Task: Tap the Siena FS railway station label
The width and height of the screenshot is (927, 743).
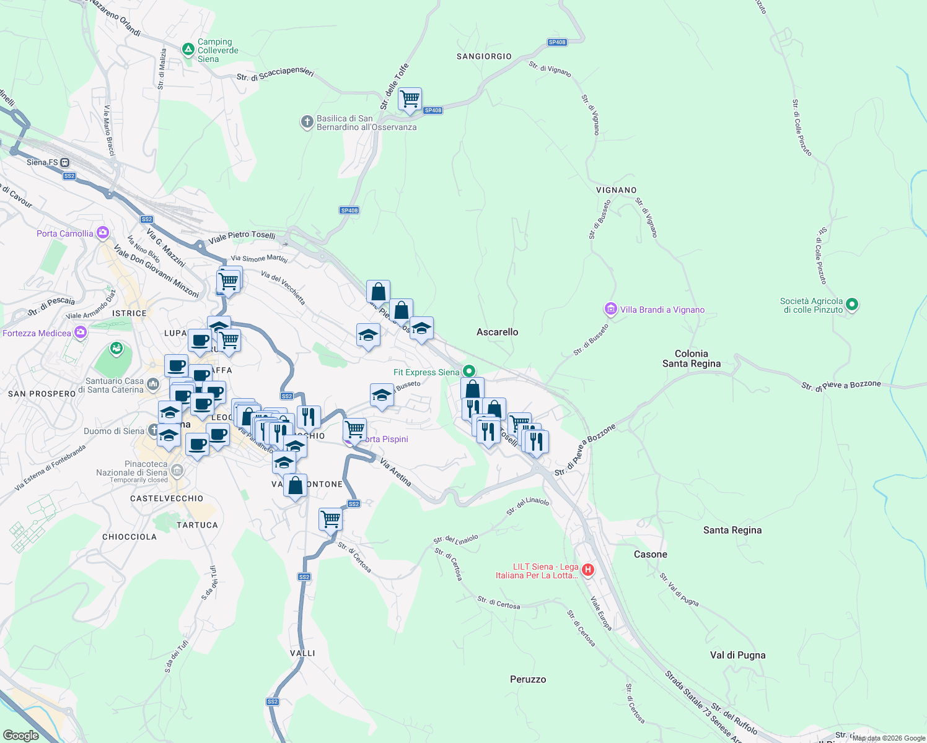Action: (42, 162)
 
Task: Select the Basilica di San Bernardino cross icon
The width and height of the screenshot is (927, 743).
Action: (307, 121)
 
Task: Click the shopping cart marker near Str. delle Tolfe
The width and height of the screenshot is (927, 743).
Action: (410, 99)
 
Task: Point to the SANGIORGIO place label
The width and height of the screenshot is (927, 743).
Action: (484, 56)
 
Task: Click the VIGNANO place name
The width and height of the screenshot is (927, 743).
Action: (616, 190)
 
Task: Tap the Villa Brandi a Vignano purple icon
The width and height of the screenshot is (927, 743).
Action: (611, 308)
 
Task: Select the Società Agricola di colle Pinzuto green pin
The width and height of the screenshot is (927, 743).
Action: (852, 304)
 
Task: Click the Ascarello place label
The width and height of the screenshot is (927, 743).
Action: (497, 332)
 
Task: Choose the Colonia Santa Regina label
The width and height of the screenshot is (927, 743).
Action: (691, 358)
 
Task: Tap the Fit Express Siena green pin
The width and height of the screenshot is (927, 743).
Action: (469, 371)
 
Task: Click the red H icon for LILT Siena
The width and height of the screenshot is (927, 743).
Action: (588, 570)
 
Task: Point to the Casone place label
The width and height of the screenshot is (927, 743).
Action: (650, 554)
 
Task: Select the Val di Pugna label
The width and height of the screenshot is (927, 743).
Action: (737, 655)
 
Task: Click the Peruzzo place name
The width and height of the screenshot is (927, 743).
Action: (528, 679)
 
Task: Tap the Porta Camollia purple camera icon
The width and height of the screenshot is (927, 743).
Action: (103, 233)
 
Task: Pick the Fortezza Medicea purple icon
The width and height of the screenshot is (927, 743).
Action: (81, 333)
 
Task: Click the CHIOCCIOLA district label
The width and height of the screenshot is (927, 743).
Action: (129, 537)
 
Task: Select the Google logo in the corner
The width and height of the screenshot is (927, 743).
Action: (20, 735)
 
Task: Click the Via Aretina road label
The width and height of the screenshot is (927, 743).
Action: (395, 472)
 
